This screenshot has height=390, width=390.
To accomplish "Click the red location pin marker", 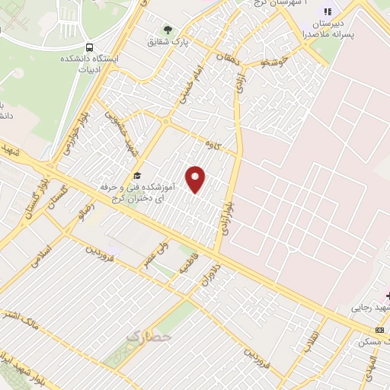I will tap(197, 179).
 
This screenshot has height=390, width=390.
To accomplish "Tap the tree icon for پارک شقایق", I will tap(168, 30).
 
